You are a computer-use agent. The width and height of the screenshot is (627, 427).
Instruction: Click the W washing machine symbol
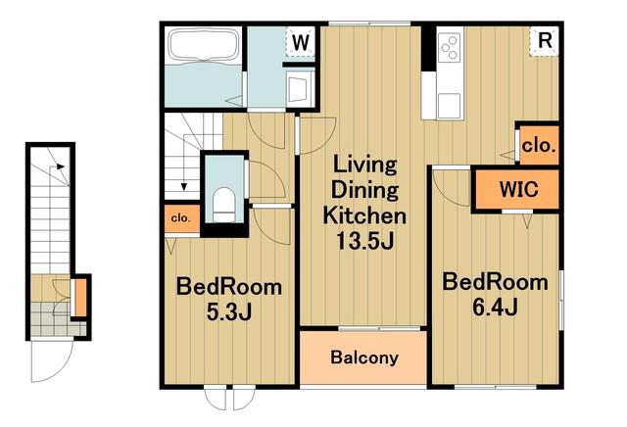tap(301, 41)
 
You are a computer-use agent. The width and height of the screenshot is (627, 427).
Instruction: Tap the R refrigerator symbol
tap(545, 41)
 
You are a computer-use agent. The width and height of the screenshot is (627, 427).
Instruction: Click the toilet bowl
tap(223, 205)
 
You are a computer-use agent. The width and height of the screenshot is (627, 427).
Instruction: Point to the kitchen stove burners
tap(450, 48)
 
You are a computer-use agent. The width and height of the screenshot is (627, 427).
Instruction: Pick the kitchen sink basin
tap(450, 106)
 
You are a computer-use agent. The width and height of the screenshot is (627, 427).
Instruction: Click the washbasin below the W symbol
tap(299, 87)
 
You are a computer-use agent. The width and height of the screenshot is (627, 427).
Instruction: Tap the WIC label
tap(518, 188)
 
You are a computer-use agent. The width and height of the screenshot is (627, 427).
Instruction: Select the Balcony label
tap(364, 357)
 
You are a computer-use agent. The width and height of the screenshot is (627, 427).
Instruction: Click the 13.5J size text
tap(365, 241)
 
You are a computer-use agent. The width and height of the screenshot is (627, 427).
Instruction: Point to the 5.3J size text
tap(228, 312)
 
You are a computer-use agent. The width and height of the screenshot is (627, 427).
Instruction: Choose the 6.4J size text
tap(495, 308)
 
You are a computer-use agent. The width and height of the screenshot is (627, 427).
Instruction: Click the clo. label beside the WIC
tap(539, 146)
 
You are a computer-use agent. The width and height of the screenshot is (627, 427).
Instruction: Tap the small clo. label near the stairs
tap(180, 218)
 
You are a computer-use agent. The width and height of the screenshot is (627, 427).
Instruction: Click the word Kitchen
tap(364, 215)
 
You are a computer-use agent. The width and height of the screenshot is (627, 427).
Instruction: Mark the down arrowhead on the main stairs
tap(184, 187)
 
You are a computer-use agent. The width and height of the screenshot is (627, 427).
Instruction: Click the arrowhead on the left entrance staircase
tap(61, 166)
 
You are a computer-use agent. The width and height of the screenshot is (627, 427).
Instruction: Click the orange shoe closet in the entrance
tap(80, 297)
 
